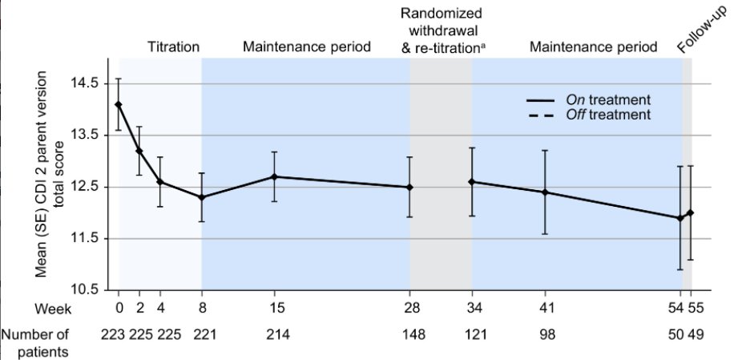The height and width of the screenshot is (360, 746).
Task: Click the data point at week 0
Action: pos(119,104)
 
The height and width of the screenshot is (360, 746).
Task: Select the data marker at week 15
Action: pos(274,176)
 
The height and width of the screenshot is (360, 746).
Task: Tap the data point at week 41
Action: pos(545,192)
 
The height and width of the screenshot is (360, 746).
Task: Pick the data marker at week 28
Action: pos(409,188)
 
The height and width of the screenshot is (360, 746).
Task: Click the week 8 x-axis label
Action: pos(201,309)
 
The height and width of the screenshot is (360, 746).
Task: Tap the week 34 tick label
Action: pos(471,309)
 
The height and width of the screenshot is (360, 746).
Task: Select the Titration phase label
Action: pos(173,47)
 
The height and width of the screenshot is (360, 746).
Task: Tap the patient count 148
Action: pos(409,334)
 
